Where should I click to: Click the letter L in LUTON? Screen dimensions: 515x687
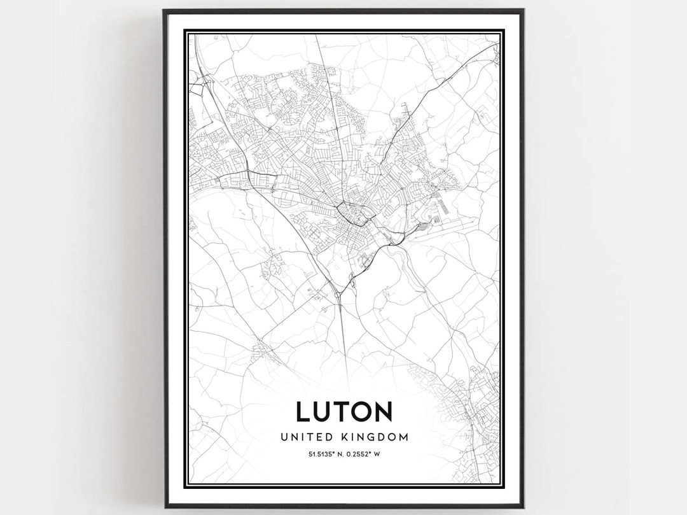pyautogui.click(x=303, y=412)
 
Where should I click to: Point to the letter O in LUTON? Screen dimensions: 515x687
pyautogui.click(x=361, y=412)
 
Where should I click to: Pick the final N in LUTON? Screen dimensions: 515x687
pyautogui.click(x=383, y=412)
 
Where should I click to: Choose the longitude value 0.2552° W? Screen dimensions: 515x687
pyautogui.click(x=365, y=454)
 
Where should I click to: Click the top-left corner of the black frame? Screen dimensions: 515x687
pyautogui.click(x=164, y=10)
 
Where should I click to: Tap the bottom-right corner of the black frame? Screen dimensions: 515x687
pyautogui.click(x=523, y=507)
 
